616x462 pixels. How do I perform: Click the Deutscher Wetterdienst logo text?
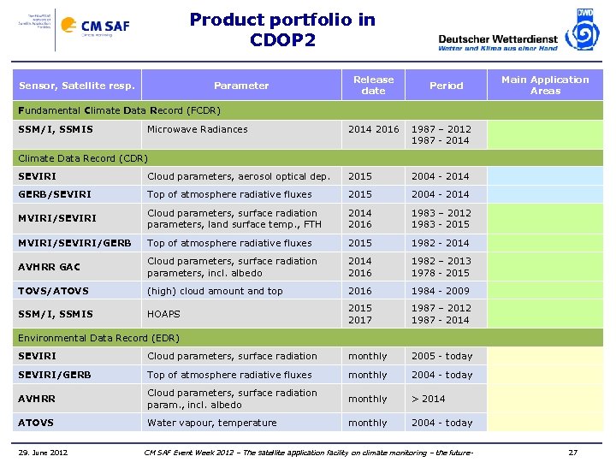pyautogui.click(x=497, y=38)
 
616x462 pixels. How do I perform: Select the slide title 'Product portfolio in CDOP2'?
pyautogui.click(x=282, y=29)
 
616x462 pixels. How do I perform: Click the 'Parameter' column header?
pyautogui.click(x=240, y=86)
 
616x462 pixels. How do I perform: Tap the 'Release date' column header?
pyautogui.click(x=373, y=85)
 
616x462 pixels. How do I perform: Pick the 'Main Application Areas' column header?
pyautogui.click(x=545, y=85)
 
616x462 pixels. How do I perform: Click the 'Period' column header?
pyautogui.click(x=446, y=86)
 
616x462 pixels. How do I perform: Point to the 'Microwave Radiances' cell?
pyautogui.click(x=198, y=129)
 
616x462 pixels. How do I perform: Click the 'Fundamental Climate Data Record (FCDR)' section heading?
pyautogui.click(x=120, y=110)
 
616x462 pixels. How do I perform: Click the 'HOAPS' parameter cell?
pyautogui.click(x=165, y=314)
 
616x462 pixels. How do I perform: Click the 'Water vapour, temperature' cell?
pyautogui.click(x=212, y=423)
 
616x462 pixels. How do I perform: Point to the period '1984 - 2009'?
pyautogui.click(x=441, y=291)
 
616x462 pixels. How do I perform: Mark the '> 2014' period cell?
pyautogui.click(x=429, y=399)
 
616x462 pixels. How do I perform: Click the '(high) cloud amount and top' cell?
pyautogui.click(x=215, y=291)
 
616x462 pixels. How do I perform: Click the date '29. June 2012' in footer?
pyautogui.click(x=45, y=452)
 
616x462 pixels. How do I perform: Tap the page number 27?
pyautogui.click(x=573, y=452)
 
